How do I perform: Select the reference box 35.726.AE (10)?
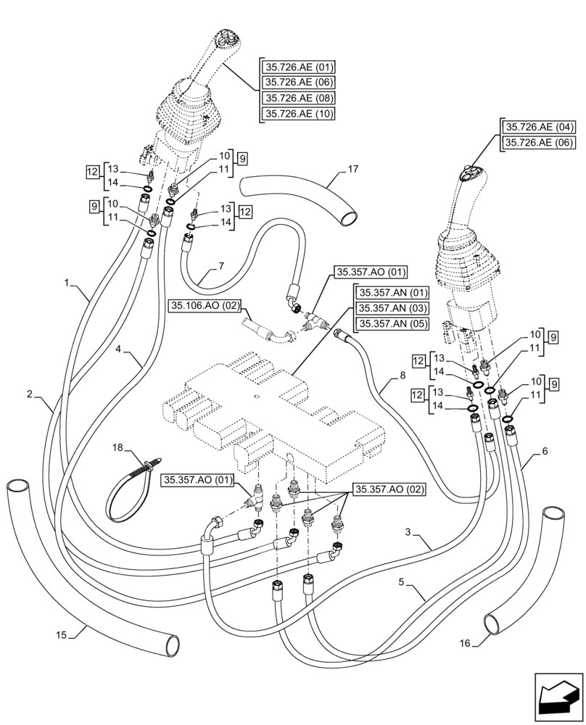(298, 113)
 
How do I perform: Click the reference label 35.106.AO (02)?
(205, 307)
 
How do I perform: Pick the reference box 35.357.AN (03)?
(392, 308)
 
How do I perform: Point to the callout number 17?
(352, 170)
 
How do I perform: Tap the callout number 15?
(62, 635)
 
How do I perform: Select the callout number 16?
(465, 642)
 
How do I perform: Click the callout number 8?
(402, 376)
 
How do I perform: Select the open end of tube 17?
(350, 215)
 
